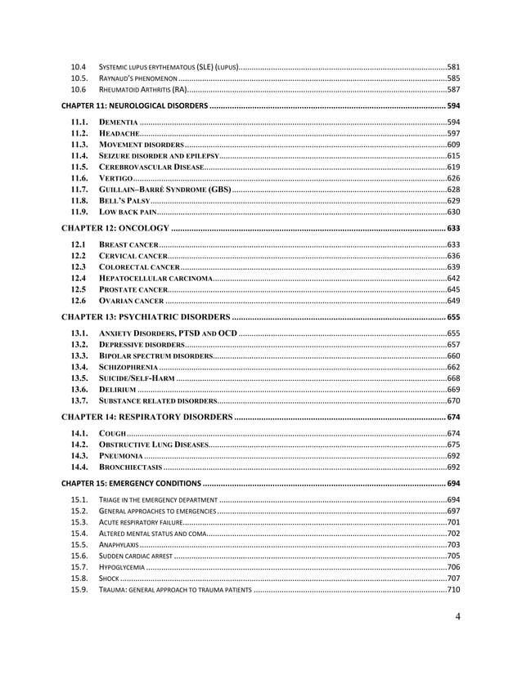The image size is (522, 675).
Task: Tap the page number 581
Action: [452, 65]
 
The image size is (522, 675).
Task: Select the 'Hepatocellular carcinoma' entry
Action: [155, 279]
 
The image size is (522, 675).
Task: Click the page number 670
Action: [452, 401]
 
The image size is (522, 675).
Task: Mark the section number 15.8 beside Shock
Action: [79, 578]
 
